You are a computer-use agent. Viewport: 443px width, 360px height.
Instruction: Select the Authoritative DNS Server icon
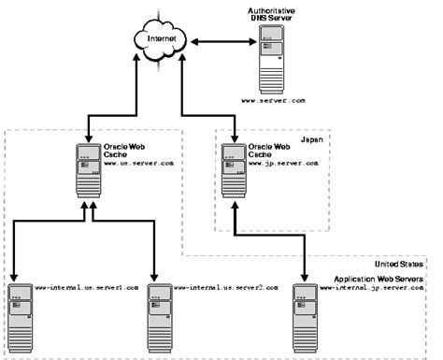tap(270, 55)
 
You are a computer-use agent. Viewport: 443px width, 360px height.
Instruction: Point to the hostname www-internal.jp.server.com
tap(372, 288)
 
